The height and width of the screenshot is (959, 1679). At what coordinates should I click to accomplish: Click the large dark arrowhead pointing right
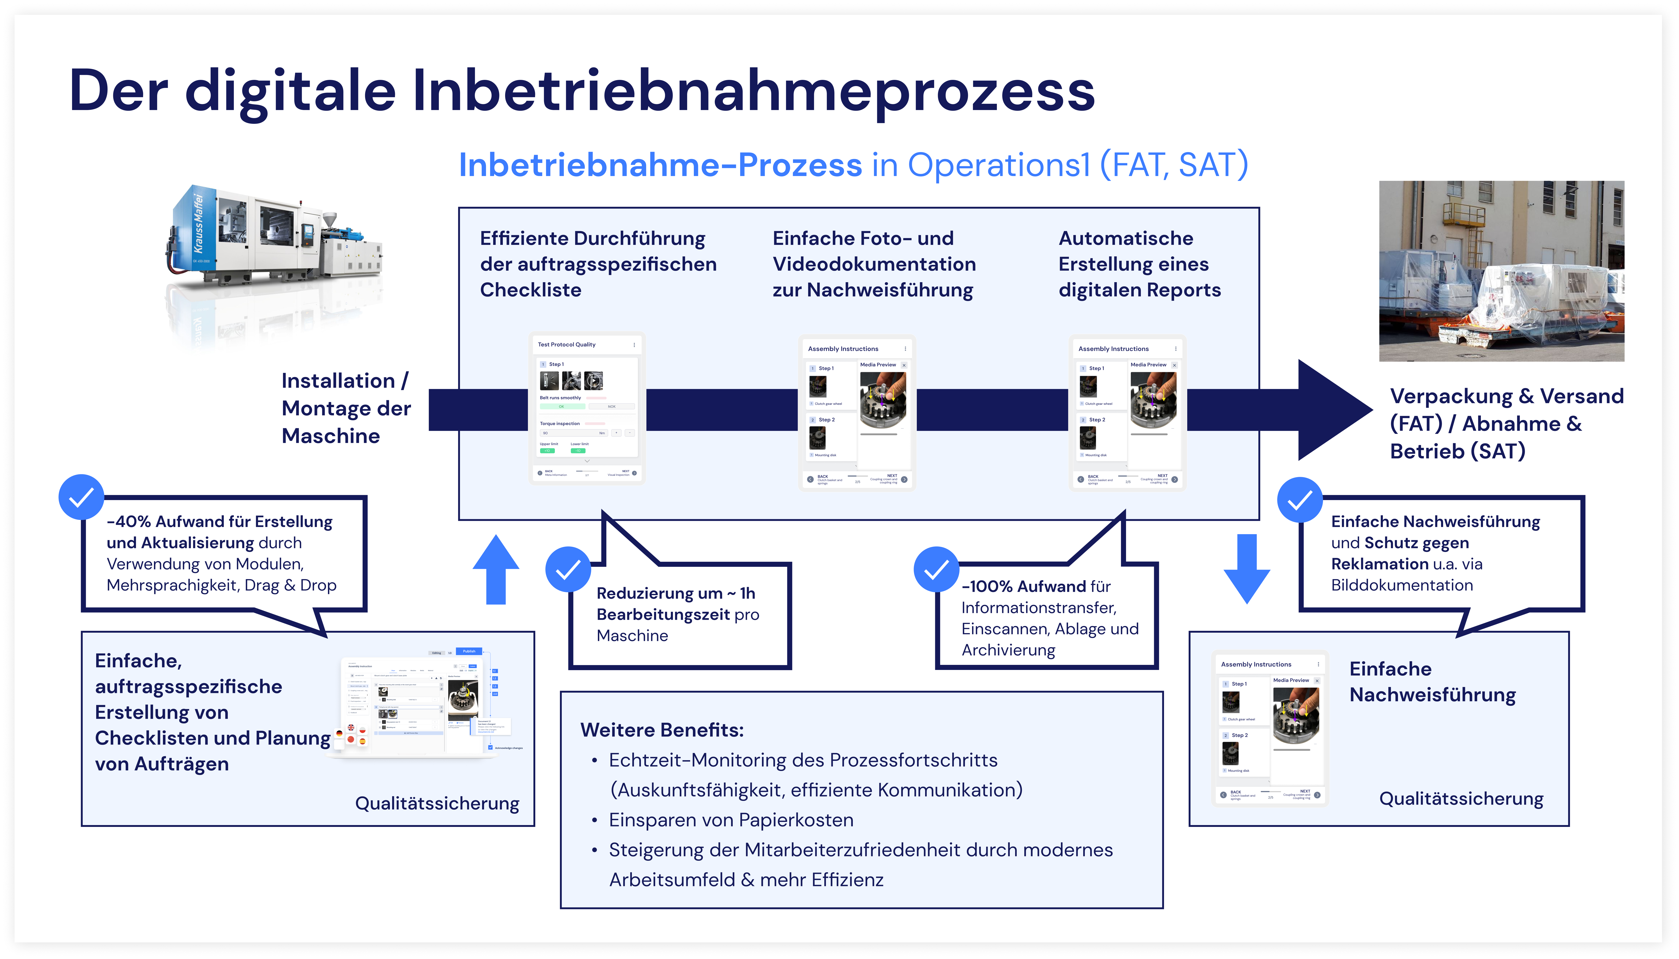[1330, 410]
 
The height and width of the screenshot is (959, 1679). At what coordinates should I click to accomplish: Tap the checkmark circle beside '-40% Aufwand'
[82, 497]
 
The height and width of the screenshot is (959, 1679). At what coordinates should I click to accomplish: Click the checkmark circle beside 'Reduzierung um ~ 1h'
[567, 569]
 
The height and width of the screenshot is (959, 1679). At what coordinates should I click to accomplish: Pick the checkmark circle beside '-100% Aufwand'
[936, 569]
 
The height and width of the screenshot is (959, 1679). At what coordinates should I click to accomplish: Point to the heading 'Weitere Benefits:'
[662, 730]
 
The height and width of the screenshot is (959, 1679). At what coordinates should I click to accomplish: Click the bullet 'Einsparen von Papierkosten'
[731, 820]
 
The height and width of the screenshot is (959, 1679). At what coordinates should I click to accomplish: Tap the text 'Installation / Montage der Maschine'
[346, 408]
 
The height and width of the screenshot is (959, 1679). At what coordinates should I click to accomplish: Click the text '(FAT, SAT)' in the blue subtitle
[1173, 165]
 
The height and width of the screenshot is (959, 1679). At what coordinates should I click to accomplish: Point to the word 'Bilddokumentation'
[1402, 585]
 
